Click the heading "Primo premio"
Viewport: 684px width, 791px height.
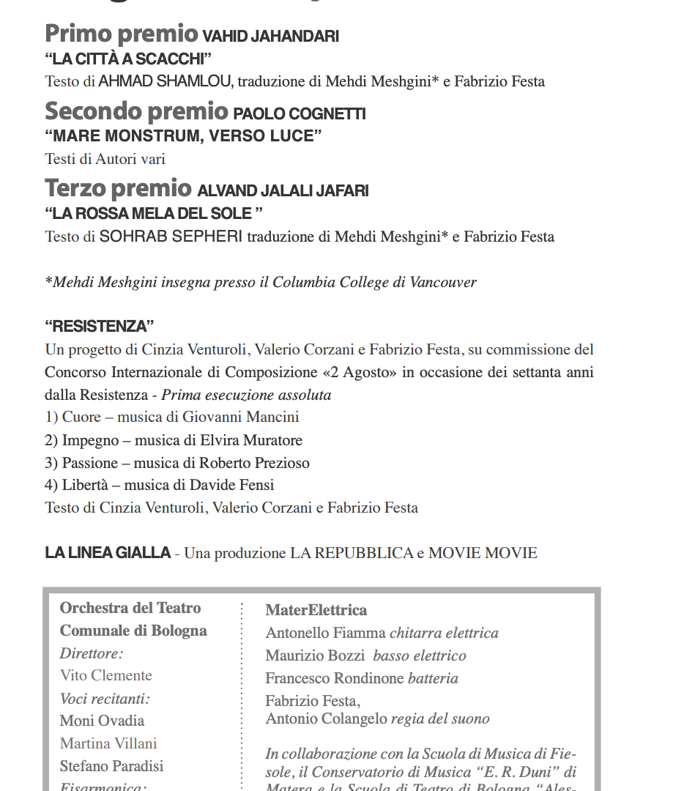(121, 34)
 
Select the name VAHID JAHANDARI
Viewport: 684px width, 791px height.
(270, 36)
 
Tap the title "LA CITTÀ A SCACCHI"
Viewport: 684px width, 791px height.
(128, 59)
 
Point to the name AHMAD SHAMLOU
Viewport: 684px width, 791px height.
(166, 81)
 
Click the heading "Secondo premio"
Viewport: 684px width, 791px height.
(136, 111)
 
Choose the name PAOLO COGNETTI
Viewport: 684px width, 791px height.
(299, 114)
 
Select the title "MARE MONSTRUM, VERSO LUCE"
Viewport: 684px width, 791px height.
(183, 135)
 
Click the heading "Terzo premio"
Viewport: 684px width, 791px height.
(118, 188)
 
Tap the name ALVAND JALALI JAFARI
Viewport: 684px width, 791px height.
(283, 191)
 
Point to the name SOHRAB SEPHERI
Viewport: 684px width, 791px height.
(171, 237)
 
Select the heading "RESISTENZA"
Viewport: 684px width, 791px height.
(100, 327)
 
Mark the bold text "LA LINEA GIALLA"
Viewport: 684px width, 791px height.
(108, 553)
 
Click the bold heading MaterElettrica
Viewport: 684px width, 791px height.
(316, 610)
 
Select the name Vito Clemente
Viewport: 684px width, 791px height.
(106, 675)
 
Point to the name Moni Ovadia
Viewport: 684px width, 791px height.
(102, 721)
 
